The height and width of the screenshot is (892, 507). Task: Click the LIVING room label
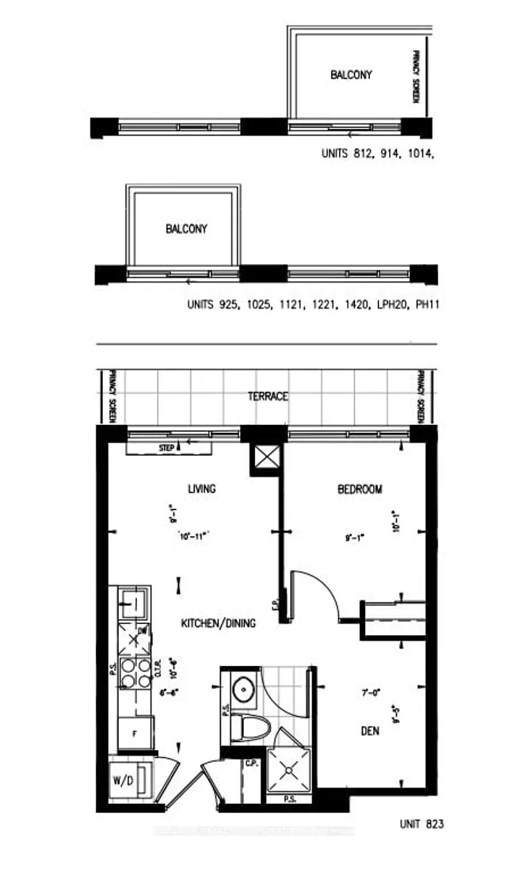pyautogui.click(x=201, y=489)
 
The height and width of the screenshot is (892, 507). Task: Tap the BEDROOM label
pyautogui.click(x=360, y=489)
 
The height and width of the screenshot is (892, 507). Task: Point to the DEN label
pyautogui.click(x=368, y=731)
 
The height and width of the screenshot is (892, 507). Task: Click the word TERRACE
pyautogui.click(x=268, y=396)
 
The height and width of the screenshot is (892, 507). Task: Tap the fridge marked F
pyautogui.click(x=135, y=733)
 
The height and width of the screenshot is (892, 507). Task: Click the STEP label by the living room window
pyautogui.click(x=167, y=448)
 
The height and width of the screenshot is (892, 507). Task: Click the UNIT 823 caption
pyautogui.click(x=421, y=825)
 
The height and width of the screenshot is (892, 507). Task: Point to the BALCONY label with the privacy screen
pyautogui.click(x=351, y=75)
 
